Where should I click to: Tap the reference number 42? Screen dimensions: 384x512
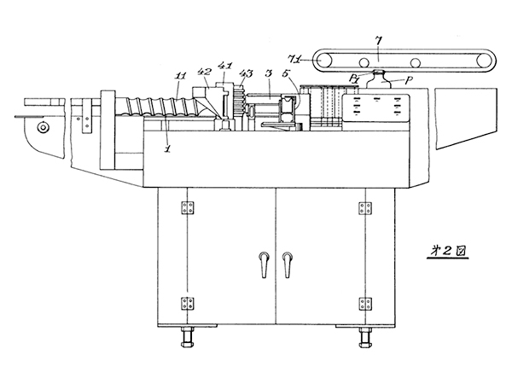coord(205,72)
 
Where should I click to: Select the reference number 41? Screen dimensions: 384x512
coord(225,65)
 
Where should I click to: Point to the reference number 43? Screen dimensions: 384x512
coord(245,74)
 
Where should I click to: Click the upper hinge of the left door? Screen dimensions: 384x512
coord(186,207)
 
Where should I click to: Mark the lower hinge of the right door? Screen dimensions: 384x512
coord(365,303)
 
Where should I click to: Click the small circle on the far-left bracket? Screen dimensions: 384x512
coord(43,128)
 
